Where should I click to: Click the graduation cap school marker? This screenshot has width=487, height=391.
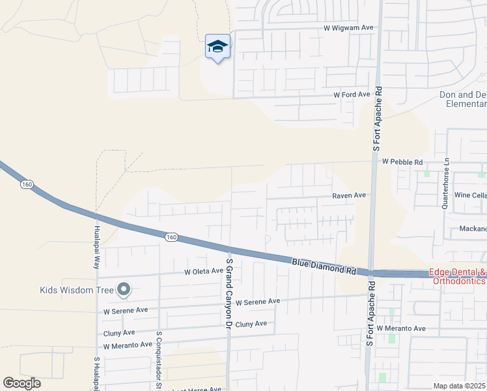tap(217, 46)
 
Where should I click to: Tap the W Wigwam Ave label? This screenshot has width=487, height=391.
tap(349, 28)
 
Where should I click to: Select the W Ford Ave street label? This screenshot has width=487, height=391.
tap(352, 94)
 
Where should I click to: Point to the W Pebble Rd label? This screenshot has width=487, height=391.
tap(402, 161)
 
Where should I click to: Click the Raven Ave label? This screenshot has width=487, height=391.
tap(349, 195)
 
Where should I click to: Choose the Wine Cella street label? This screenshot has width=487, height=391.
tap(470, 195)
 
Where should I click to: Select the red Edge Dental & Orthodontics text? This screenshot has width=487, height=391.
tap(457, 277)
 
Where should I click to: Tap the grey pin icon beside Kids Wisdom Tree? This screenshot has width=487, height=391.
tap(124, 289)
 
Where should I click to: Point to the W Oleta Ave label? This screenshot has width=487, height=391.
tap(204, 272)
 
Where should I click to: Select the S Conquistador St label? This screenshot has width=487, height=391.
tap(158, 358)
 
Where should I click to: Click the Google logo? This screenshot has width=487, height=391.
tap(21, 383)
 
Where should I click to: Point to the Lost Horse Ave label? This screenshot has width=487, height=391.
tap(197, 389)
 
